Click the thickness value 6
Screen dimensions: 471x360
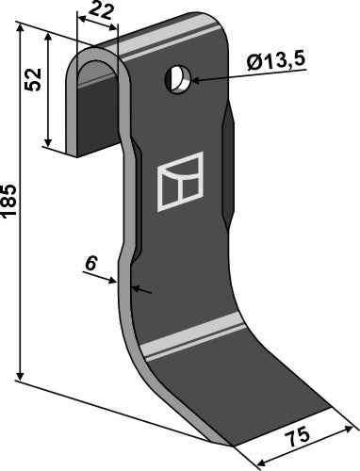click(x=90, y=267)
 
